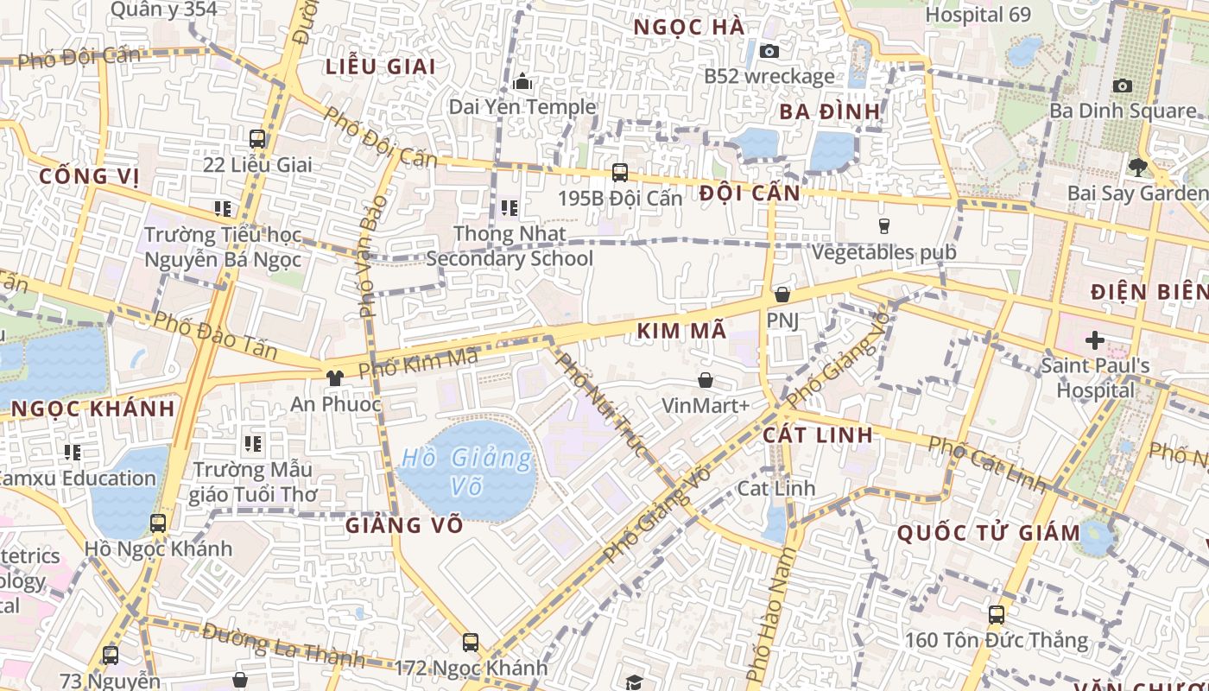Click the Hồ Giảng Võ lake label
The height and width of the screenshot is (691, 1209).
tap(467, 472)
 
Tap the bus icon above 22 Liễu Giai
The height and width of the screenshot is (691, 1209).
tap(257, 138)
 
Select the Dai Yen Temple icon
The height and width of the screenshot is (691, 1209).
tap(522, 82)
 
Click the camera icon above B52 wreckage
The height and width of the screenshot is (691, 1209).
tap(769, 51)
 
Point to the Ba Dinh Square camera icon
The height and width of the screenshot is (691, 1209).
tap(1122, 86)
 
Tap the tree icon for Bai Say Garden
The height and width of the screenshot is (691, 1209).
tap(1137, 168)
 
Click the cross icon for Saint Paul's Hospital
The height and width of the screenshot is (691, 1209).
tap(1094, 339)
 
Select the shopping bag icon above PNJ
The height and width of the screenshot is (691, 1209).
tap(782, 295)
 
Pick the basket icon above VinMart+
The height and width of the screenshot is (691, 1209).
tap(706, 380)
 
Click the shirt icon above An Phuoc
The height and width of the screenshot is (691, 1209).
tap(335, 377)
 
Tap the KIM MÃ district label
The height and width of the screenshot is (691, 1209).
tap(681, 331)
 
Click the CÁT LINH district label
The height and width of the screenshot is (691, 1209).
tap(818, 434)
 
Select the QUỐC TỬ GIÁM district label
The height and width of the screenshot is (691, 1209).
tap(989, 533)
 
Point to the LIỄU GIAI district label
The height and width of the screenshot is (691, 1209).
tap(380, 67)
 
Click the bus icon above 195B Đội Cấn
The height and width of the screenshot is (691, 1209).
tap(619, 172)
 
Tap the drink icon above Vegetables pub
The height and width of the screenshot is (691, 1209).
tap(883, 226)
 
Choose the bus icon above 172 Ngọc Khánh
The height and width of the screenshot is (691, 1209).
tap(471, 642)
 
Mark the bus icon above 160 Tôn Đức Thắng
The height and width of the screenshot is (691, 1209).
tap(996, 614)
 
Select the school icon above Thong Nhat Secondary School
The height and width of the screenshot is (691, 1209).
tap(510, 208)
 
